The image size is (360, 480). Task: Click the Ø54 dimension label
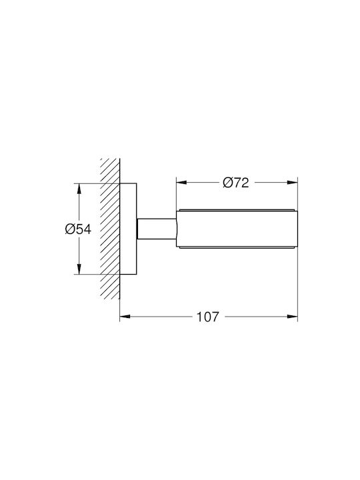[78, 229]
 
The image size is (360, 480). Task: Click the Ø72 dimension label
[236, 183]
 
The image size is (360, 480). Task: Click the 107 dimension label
[208, 317]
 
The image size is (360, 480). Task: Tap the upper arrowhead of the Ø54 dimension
[79, 189]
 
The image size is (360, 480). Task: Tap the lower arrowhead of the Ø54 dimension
[79, 269]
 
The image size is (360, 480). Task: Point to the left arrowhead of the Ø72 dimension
[181, 183]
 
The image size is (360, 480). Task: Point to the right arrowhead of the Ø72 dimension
[293, 183]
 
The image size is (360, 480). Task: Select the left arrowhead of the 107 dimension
[125, 317]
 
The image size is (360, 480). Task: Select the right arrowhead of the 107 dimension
[293, 317]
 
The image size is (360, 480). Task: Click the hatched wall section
[110, 229]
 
